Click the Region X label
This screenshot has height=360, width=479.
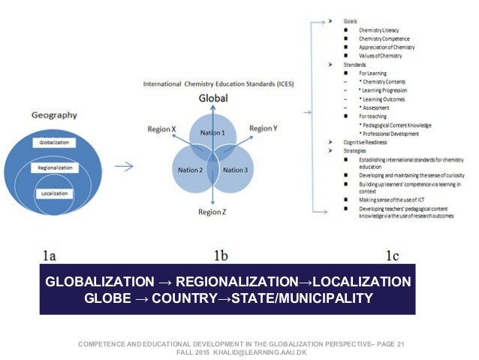coord(163,129)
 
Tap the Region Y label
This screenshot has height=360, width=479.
coord(263,129)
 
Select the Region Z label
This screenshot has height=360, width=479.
coord(212,212)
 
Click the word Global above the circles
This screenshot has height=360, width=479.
coord(213,98)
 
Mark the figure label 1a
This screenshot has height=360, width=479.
coord(48,256)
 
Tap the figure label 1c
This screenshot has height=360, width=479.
coord(392,256)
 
